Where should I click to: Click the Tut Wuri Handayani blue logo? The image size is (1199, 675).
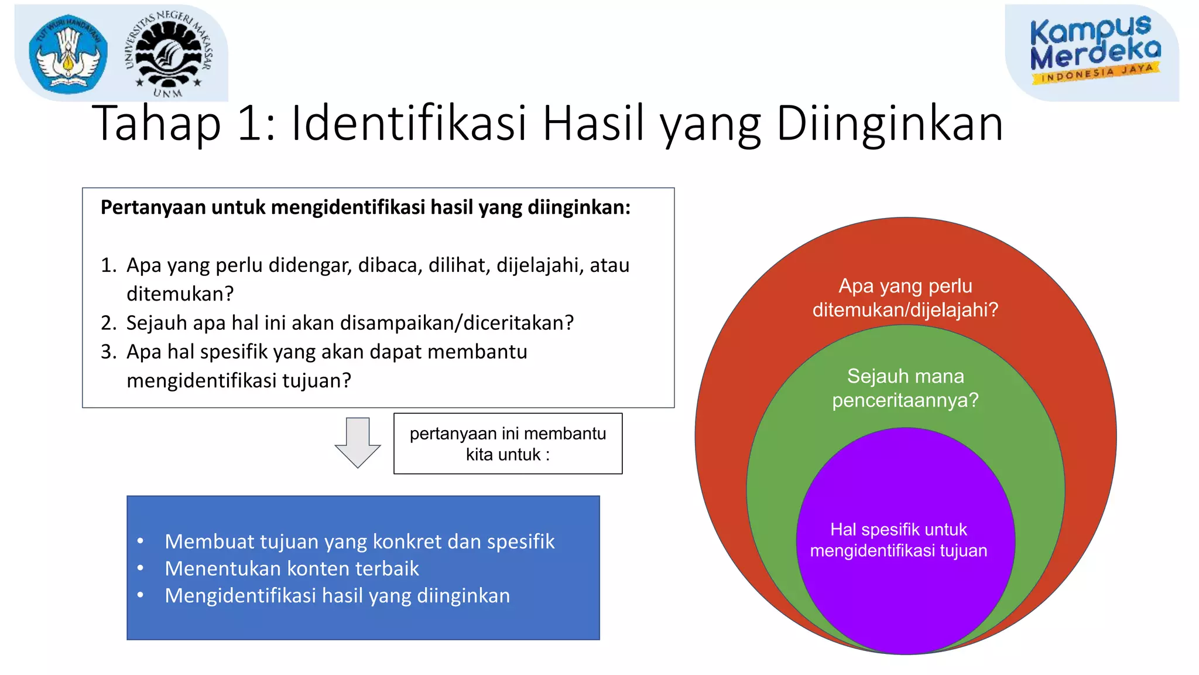coord(68,54)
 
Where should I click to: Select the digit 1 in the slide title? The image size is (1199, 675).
coord(251,124)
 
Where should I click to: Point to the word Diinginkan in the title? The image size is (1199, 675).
coord(890,124)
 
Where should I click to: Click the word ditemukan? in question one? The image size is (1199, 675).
coord(180,294)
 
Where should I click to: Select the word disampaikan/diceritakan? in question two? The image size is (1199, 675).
coord(457,323)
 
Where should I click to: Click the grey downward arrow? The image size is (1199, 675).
coord(357,442)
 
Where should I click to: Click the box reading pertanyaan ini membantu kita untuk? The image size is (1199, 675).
coord(508,444)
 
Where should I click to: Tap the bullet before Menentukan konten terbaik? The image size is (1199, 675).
coord(141,568)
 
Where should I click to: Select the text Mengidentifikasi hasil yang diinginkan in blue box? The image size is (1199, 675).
coord(337,595)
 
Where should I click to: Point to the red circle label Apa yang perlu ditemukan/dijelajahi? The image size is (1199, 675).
coord(905,298)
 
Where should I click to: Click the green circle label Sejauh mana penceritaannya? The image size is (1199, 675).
coord(905,388)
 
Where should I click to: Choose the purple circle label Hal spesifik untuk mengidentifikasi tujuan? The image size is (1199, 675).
coord(899,540)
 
